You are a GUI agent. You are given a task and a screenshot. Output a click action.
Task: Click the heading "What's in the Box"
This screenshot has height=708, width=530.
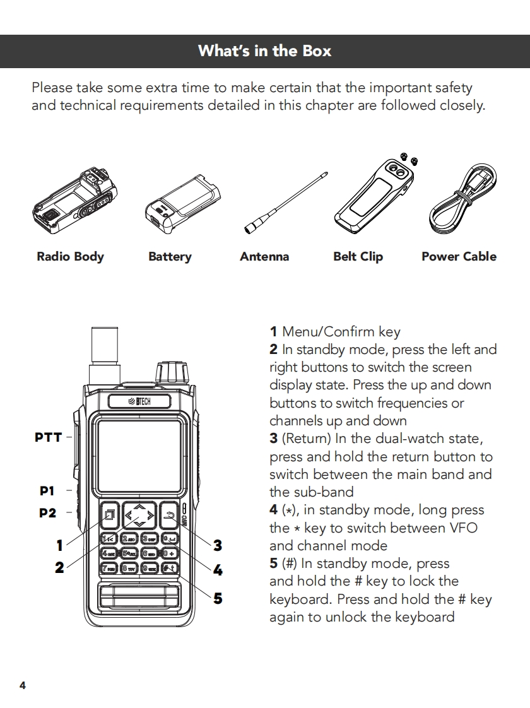coord(264,50)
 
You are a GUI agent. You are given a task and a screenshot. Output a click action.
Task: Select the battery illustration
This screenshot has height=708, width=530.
coord(181,203)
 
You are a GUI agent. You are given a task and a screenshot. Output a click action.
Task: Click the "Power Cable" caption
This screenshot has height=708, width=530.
coord(459,256)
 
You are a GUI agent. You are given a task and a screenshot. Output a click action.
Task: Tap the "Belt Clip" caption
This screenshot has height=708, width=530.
coord(358,256)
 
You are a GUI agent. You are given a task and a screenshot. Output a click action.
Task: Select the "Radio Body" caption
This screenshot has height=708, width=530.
coord(70,256)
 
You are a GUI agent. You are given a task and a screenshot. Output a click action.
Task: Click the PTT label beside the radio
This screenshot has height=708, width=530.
coord(49,437)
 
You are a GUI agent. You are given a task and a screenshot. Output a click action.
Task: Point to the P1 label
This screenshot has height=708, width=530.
coord(47,490)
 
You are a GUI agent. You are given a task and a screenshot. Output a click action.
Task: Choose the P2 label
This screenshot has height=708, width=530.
coord(47,512)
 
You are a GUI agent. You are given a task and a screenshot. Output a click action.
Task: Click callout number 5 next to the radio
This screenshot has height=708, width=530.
coord(218,598)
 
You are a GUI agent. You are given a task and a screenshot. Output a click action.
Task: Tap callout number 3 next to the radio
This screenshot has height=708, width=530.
coord(218,545)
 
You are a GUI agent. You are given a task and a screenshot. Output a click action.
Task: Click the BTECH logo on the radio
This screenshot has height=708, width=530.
coord(139,402)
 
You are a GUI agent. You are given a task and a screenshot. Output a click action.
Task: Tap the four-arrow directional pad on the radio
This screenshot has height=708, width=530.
coord(139,516)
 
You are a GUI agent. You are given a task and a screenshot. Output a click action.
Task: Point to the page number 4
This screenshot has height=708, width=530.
coord(23,685)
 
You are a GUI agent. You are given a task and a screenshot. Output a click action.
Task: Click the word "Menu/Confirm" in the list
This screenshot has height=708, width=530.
coord(328,331)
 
